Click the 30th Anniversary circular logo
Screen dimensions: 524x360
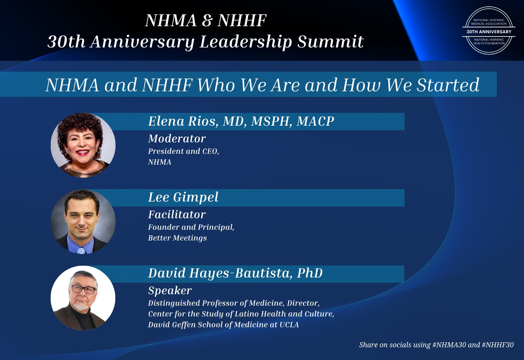(489, 30)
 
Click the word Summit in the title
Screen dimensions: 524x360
(330, 42)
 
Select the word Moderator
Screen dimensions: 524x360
(177, 139)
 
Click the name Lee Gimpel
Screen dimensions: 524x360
(183, 197)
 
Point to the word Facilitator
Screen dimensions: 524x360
(177, 215)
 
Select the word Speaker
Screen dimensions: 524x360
(170, 291)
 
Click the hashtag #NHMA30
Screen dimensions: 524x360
(449, 345)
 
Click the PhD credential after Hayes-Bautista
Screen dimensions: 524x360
(310, 273)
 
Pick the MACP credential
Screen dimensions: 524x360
(315, 121)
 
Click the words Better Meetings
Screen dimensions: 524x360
(178, 238)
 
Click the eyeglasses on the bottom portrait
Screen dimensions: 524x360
(83, 289)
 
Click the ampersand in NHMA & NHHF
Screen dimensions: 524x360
(207, 21)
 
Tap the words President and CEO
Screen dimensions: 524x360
(184, 151)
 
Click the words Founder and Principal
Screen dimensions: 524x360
(191, 227)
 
